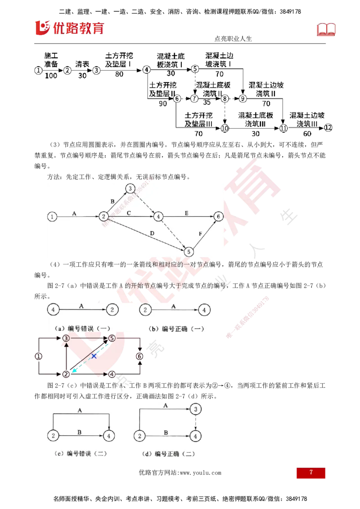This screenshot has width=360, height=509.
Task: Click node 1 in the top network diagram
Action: point(52,217)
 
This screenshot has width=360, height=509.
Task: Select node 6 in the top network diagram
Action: point(218,217)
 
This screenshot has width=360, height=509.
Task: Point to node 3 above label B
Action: point(130,188)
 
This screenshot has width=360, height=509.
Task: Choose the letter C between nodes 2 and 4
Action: point(129,212)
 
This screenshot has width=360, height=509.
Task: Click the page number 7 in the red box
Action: point(311,473)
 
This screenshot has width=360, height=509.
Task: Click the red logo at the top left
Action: point(69,28)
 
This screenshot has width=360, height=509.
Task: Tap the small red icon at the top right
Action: point(327,30)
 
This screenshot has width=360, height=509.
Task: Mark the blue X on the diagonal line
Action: point(94,356)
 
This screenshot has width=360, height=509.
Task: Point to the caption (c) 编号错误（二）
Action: point(80,454)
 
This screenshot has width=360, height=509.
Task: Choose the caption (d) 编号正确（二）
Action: point(168,454)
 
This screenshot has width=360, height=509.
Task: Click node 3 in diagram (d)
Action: point(195,409)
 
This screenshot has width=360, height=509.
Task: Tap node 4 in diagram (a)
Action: point(53,310)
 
